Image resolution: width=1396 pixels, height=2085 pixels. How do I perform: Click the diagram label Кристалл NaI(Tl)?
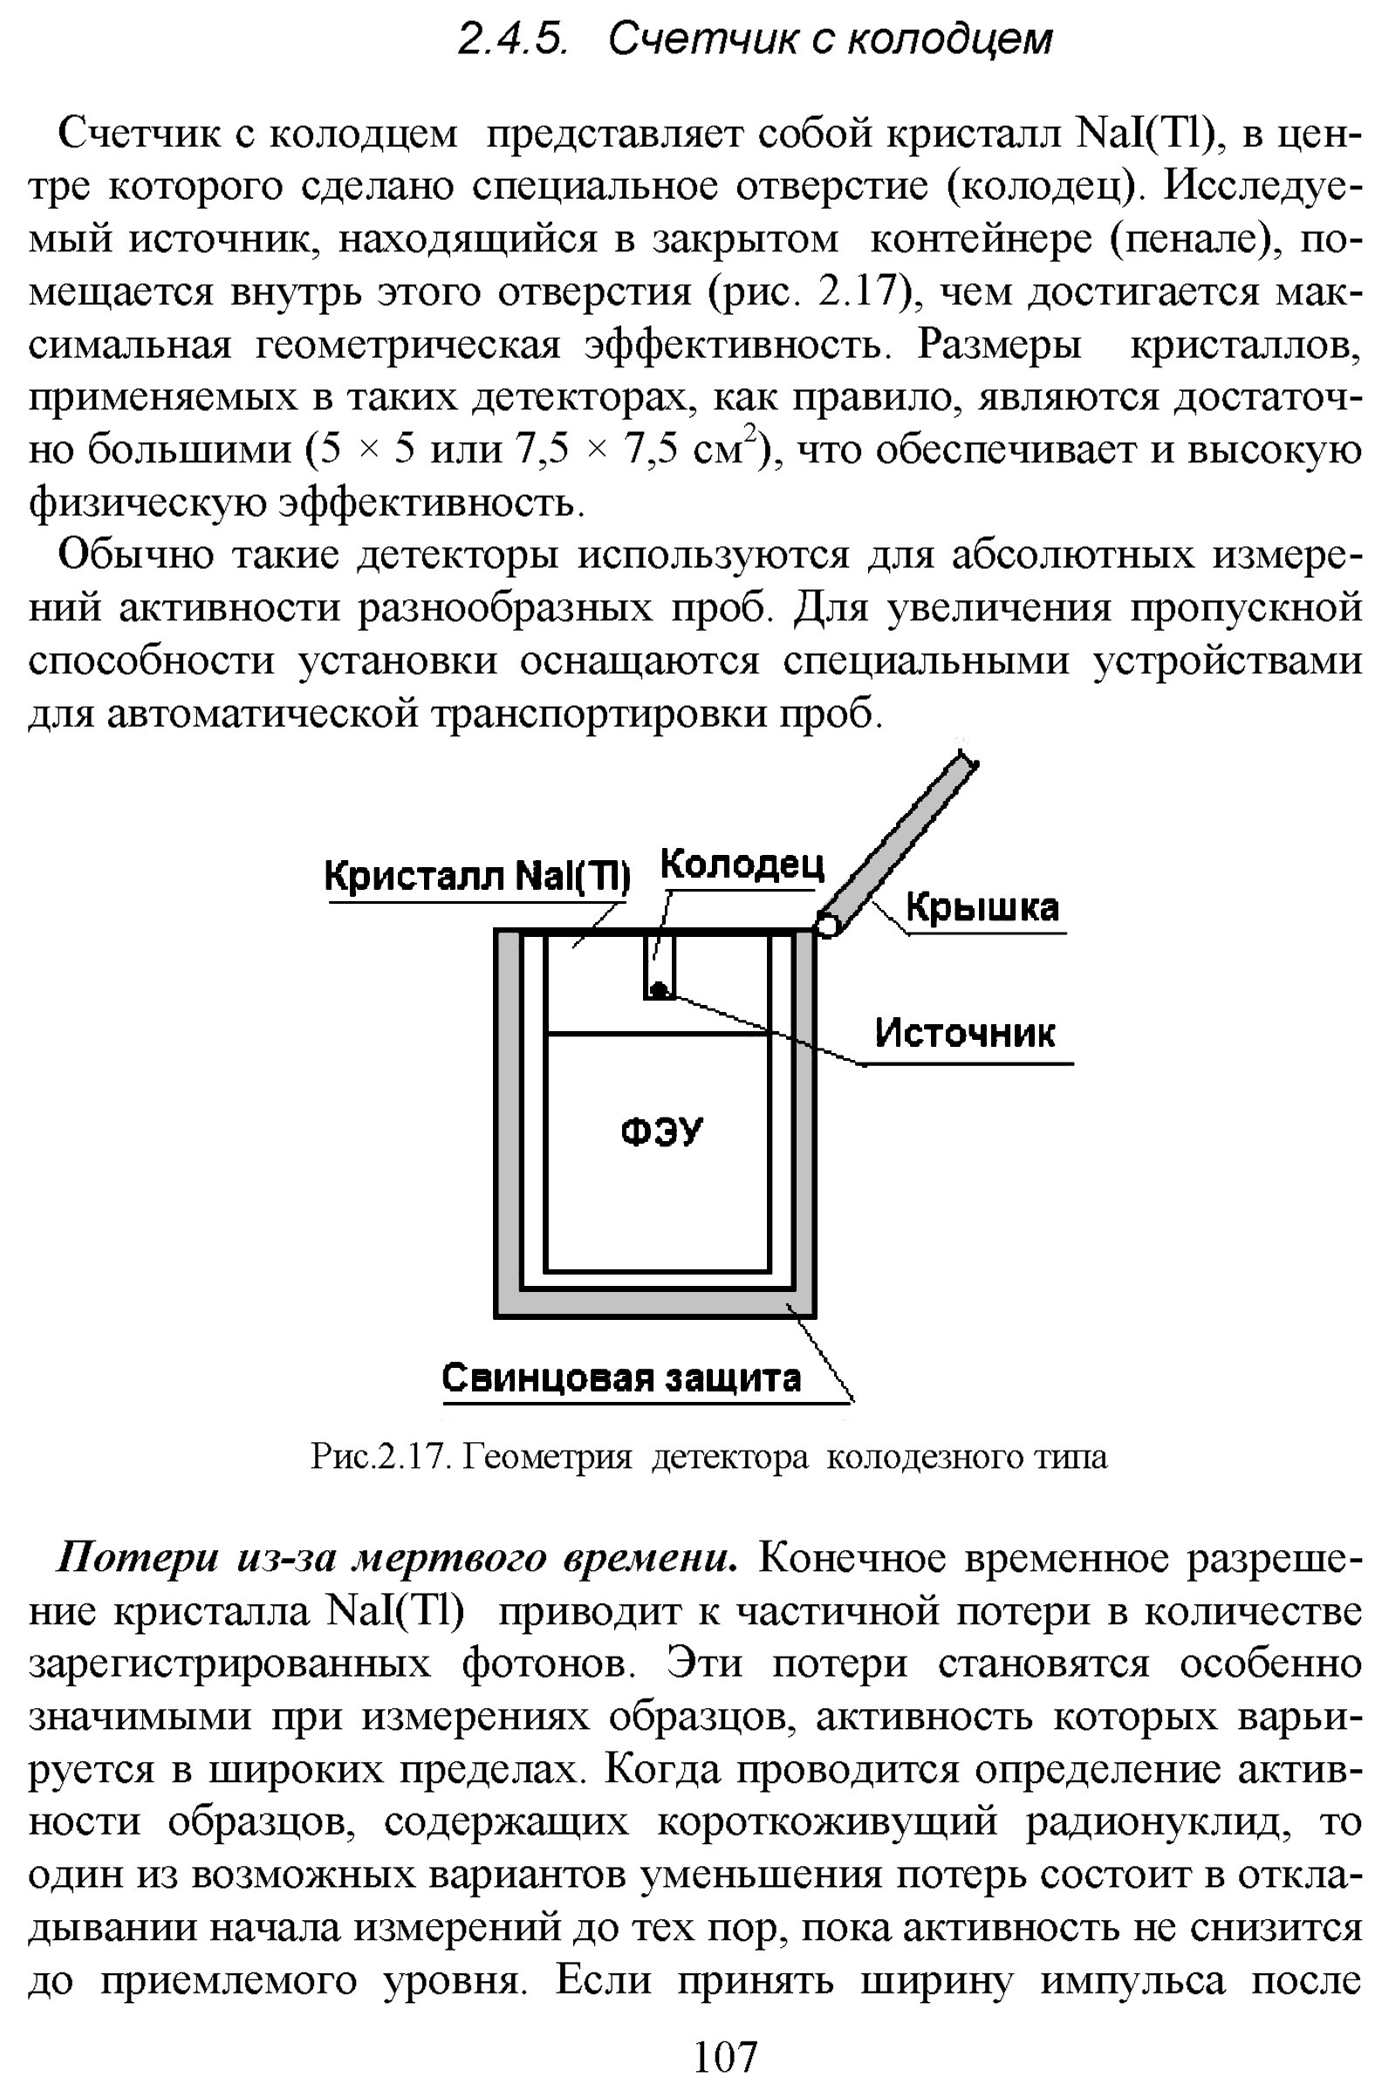477,876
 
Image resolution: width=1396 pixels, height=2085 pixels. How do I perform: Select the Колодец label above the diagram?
742,865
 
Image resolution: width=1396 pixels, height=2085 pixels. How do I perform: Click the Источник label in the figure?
964,1033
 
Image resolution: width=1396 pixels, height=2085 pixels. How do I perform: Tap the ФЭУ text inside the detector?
660,1132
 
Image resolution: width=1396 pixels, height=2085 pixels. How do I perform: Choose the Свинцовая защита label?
621,1378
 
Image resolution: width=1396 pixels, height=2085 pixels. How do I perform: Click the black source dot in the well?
659,988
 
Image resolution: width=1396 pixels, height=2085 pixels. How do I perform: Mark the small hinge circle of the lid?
827,925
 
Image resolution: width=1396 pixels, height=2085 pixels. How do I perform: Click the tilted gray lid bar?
900,837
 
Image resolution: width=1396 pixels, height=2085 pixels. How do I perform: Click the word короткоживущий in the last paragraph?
828,1823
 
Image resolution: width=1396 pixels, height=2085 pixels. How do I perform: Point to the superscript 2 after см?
751,434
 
